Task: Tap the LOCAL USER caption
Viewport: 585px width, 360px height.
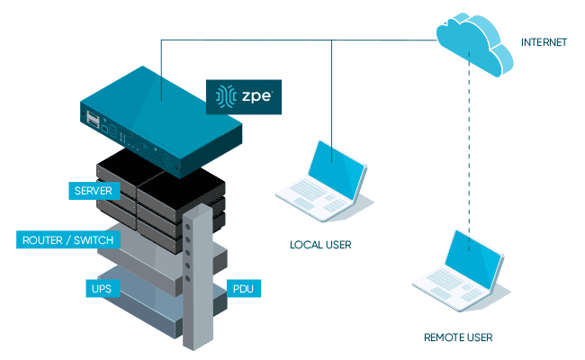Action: coord(319,244)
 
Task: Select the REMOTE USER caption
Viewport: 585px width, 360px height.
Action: coord(458,338)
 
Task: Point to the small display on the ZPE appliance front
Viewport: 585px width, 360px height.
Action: coord(94,119)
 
